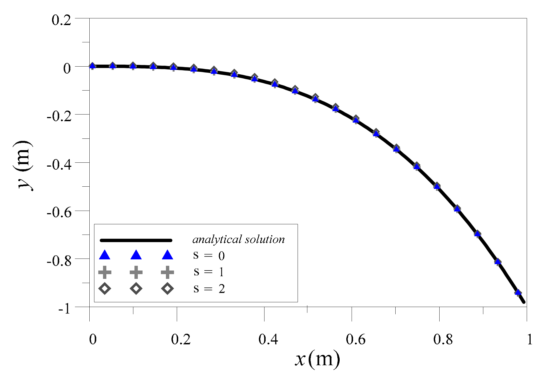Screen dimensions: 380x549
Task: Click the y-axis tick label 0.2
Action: [61, 20]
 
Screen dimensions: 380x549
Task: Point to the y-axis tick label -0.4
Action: [59, 164]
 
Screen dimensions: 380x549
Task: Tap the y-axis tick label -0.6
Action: [59, 213]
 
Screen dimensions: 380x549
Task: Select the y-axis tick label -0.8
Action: [59, 261]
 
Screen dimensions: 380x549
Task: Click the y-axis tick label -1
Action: [64, 309]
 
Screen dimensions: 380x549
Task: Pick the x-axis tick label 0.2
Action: [181, 339]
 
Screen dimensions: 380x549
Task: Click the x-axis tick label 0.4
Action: [268, 339]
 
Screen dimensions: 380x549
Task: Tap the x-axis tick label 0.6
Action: [356, 339]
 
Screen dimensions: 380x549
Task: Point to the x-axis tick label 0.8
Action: [443, 339]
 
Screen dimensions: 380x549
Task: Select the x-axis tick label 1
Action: [530, 339]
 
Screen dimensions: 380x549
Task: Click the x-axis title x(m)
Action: [317, 359]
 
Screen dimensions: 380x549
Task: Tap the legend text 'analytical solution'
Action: [239, 240]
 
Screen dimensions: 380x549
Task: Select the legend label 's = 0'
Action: [209, 255]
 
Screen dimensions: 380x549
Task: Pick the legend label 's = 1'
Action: [209, 272]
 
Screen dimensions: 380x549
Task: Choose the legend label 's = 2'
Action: [209, 289]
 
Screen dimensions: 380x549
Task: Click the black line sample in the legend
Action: [136, 240]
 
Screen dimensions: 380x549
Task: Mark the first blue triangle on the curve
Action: [92, 66]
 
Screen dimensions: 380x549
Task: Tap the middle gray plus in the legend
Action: [136, 272]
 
